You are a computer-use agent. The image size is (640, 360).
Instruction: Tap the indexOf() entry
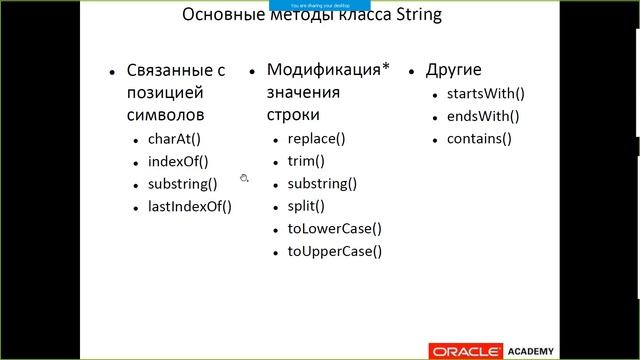pos(177,161)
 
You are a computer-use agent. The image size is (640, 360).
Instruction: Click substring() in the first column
pos(182,184)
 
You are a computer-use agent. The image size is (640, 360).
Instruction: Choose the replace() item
pos(316,139)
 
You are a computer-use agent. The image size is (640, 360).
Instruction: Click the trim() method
pos(306,161)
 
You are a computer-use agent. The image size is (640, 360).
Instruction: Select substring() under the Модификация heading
pos(322,184)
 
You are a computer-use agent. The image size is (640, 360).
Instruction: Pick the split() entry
pos(306,206)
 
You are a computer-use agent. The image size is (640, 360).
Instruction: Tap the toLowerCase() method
pos(334,228)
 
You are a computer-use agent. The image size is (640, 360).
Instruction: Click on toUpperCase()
pos(334,251)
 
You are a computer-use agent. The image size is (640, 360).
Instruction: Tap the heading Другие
pos(453,70)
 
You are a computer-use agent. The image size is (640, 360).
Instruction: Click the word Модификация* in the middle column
pos(327,70)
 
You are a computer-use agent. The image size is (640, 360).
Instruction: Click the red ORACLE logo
pos(464,350)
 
